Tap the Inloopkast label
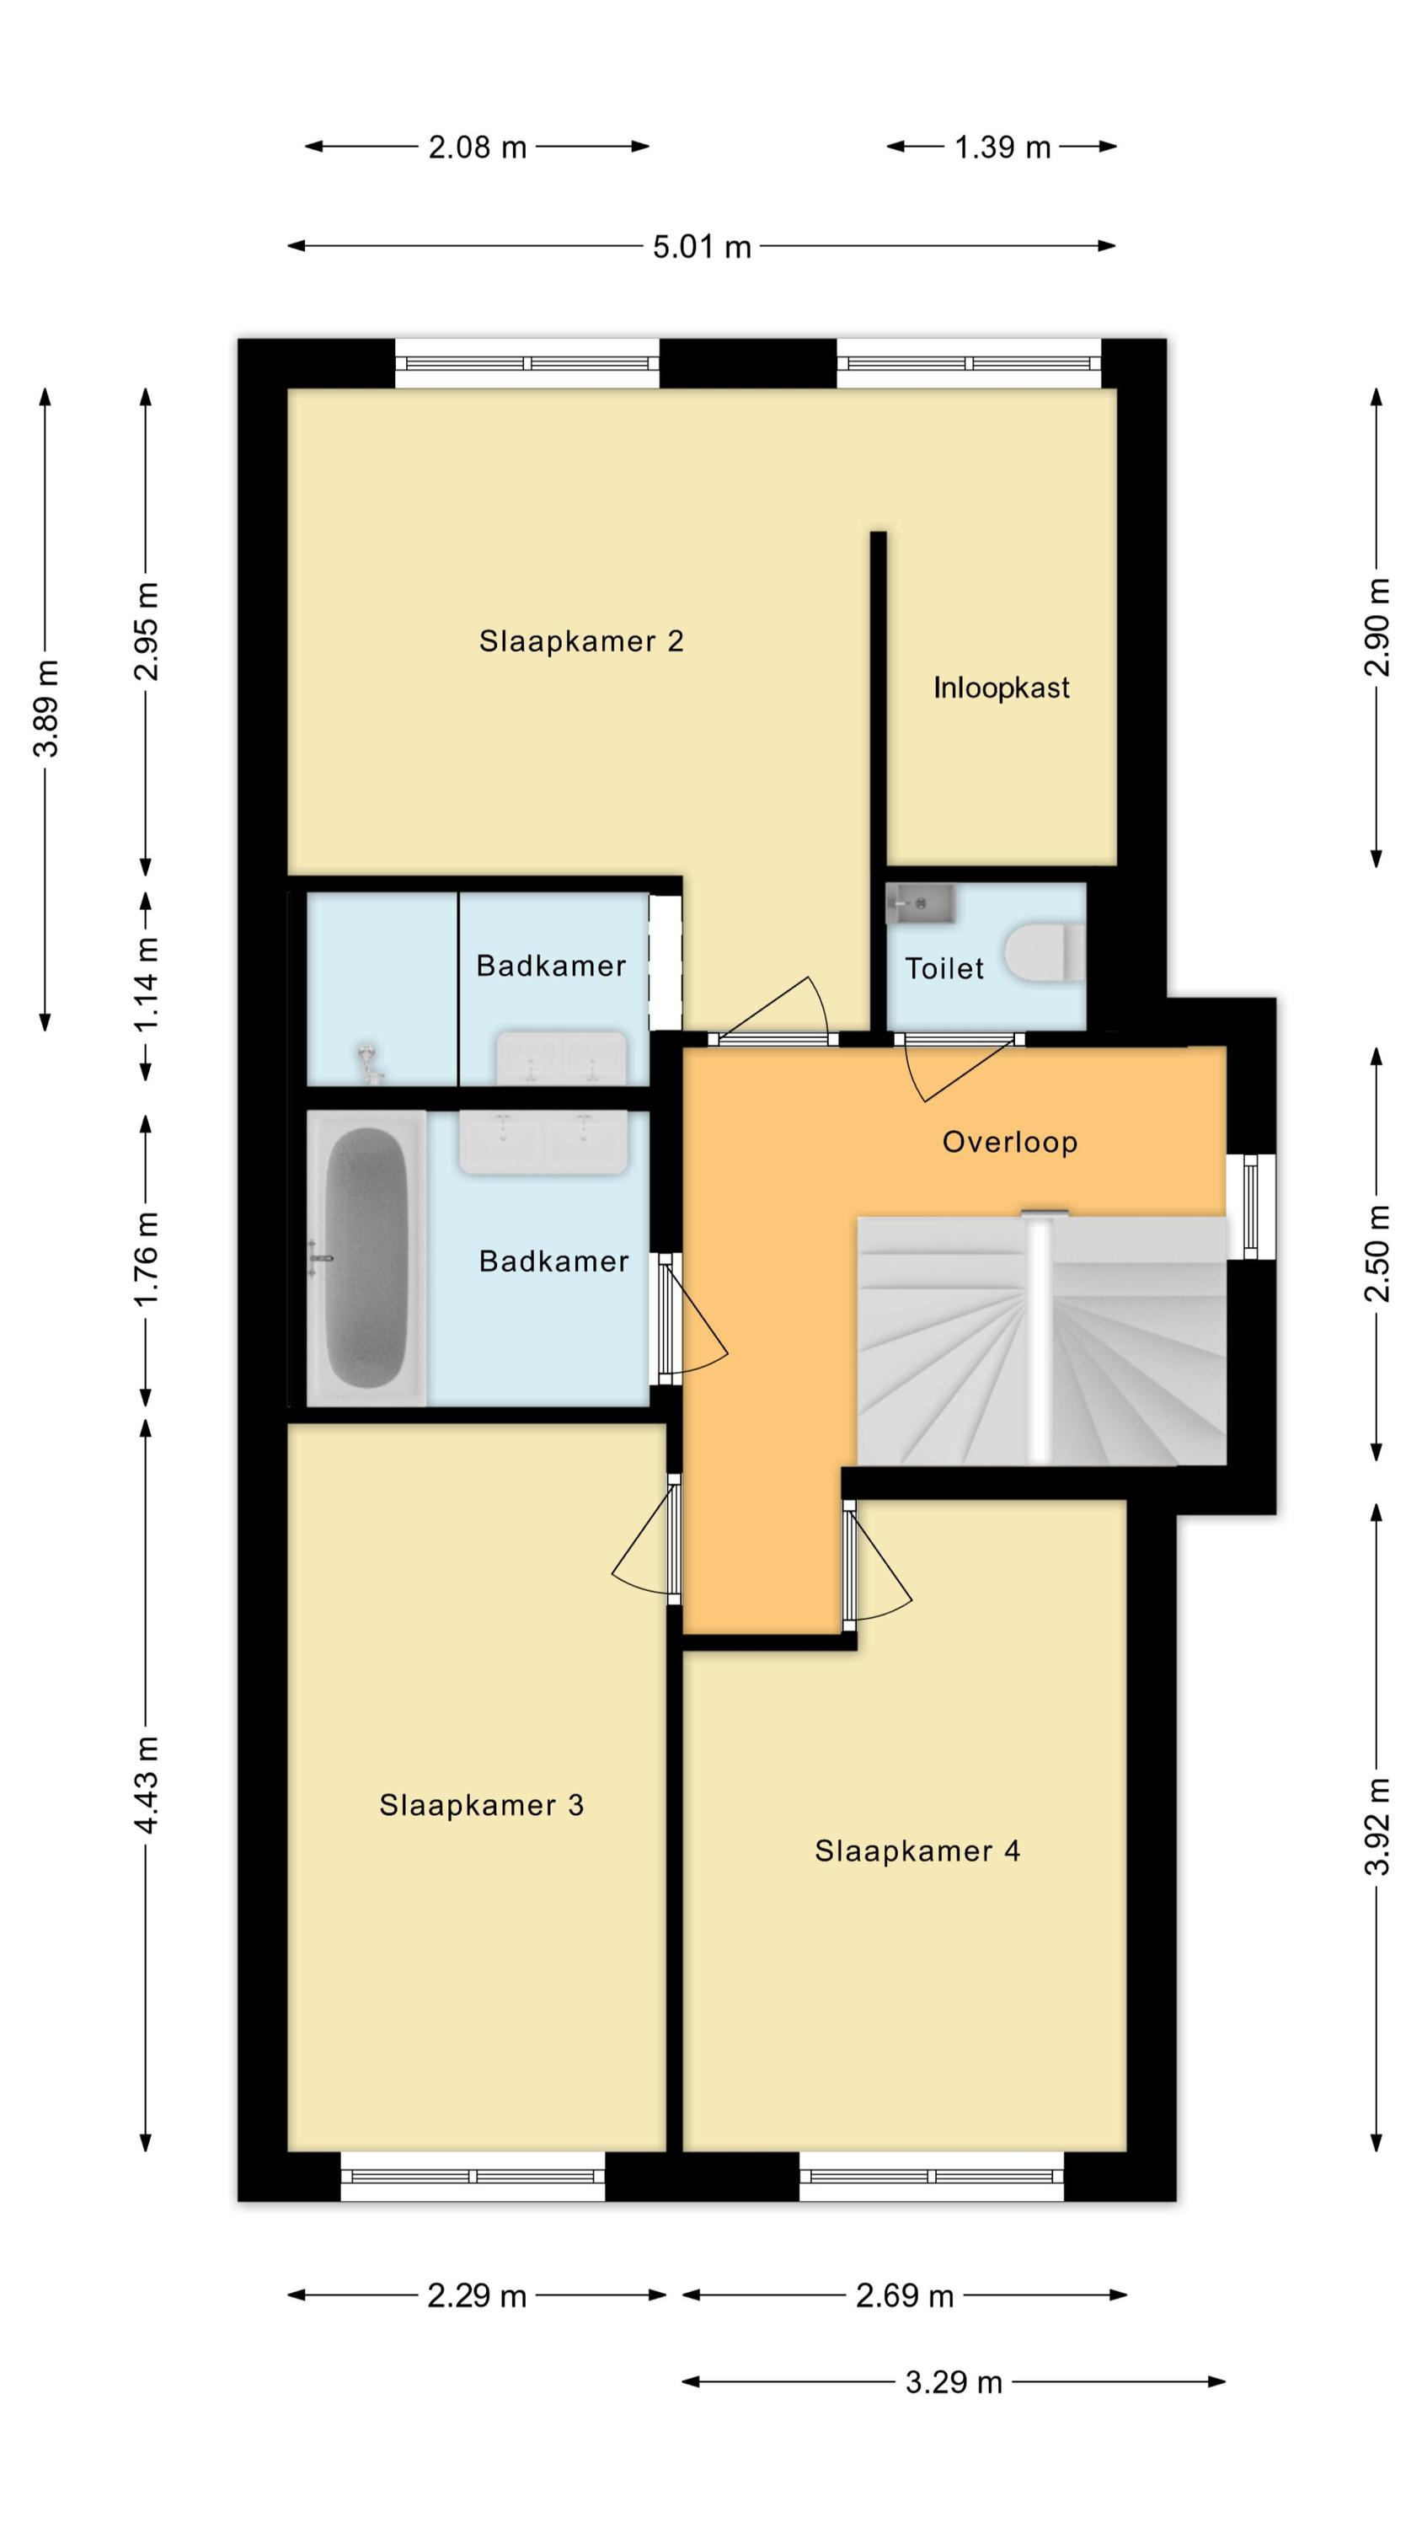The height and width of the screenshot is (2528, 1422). pos(1001,687)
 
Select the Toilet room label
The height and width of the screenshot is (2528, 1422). pos(944,968)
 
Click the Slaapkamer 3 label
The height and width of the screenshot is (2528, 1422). pos(482,1805)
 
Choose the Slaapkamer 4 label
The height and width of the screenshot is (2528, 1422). pos(917,1850)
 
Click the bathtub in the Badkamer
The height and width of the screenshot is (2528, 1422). pos(366,1257)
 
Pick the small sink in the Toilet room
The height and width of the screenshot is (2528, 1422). pos(920,902)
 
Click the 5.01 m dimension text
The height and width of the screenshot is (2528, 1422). pos(702,245)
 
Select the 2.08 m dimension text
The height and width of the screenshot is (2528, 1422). pos(477,147)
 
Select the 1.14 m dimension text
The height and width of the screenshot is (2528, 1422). pos(147,984)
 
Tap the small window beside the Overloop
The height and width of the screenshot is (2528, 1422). pos(1251,1206)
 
